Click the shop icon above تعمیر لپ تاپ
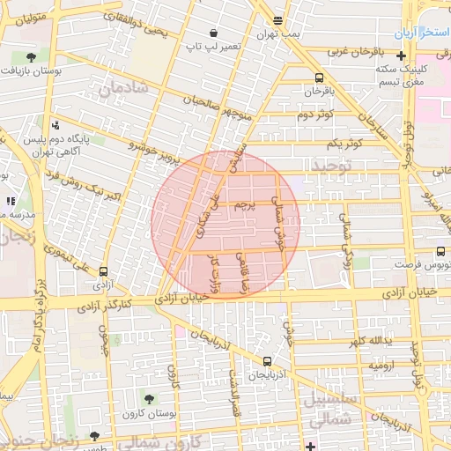pyautogui.click(x=215, y=33)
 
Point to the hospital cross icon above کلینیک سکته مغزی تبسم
pyautogui.click(x=401, y=55)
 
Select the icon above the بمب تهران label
pyautogui.click(x=278, y=20)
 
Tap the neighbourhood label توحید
pyautogui.click(x=331, y=166)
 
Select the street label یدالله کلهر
pyautogui.click(x=368, y=340)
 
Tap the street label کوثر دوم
pyautogui.click(x=315, y=115)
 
